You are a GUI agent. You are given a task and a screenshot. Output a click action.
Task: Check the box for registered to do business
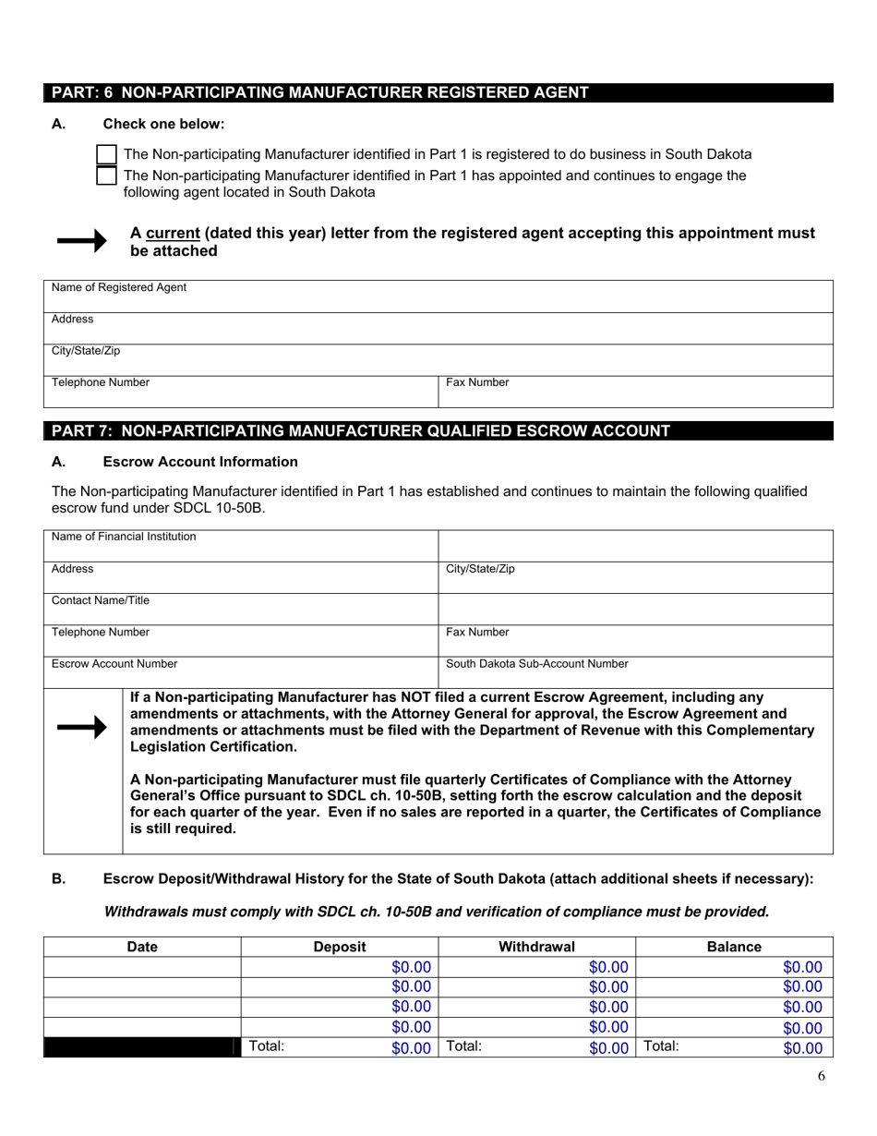click(107, 154)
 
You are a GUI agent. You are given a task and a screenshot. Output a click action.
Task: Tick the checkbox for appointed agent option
click(107, 175)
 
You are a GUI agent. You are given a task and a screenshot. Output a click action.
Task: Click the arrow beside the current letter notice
click(82, 241)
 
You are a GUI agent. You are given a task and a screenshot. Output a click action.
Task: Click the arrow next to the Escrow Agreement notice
click(82, 728)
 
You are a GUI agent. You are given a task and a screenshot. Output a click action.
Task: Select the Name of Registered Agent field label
click(119, 288)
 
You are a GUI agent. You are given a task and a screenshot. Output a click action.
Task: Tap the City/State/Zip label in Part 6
click(86, 351)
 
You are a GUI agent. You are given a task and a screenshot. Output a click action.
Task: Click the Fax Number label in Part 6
click(477, 382)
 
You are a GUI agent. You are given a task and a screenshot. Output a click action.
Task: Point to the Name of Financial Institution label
click(124, 537)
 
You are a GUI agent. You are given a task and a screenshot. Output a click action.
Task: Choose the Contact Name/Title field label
click(101, 600)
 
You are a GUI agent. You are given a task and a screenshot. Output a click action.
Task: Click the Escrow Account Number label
click(114, 664)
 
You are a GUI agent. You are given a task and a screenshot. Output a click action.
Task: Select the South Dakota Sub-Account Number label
click(537, 664)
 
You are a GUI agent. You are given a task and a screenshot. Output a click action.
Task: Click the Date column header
click(142, 947)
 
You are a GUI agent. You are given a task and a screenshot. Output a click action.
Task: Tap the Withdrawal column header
click(536, 947)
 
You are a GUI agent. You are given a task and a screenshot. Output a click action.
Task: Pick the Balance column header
click(734, 947)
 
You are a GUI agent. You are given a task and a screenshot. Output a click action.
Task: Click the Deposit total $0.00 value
click(411, 1048)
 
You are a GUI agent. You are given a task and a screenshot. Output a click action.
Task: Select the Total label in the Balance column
click(661, 1046)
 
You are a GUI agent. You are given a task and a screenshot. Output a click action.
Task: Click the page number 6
click(821, 1075)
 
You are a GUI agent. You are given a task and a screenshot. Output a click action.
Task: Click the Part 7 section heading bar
click(438, 430)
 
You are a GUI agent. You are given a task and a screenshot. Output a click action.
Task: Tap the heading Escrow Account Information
click(200, 462)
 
